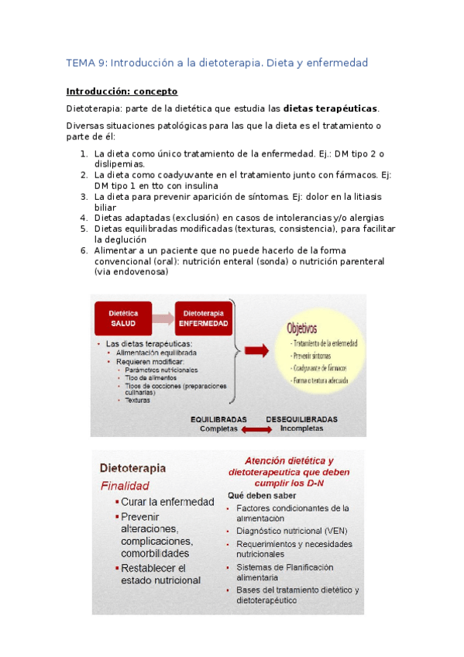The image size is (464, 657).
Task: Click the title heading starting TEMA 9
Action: coord(217,62)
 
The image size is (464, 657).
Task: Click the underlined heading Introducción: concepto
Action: coord(122,91)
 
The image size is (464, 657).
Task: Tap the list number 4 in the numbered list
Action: coord(84,218)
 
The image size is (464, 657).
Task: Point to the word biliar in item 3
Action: coord(106,208)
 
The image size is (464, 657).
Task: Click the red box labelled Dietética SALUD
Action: coord(122,317)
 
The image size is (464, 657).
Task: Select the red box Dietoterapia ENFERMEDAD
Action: coord(203,317)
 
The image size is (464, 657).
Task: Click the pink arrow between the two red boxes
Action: coord(162,318)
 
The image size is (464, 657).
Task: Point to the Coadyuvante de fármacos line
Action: coord(318,367)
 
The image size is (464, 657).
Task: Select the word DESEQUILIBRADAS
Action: coord(302,418)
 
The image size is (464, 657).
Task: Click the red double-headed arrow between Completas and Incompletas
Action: coord(259,429)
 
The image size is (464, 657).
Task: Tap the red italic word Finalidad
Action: coord(125,486)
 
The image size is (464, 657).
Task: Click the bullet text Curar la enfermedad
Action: coord(167,502)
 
